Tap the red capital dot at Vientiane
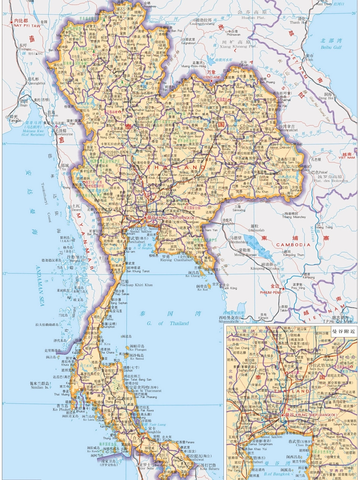[212, 81]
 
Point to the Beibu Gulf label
[331, 48]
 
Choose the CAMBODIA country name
[293, 244]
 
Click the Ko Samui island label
[137, 358]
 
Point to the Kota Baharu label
[209, 468]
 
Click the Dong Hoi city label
[326, 99]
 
